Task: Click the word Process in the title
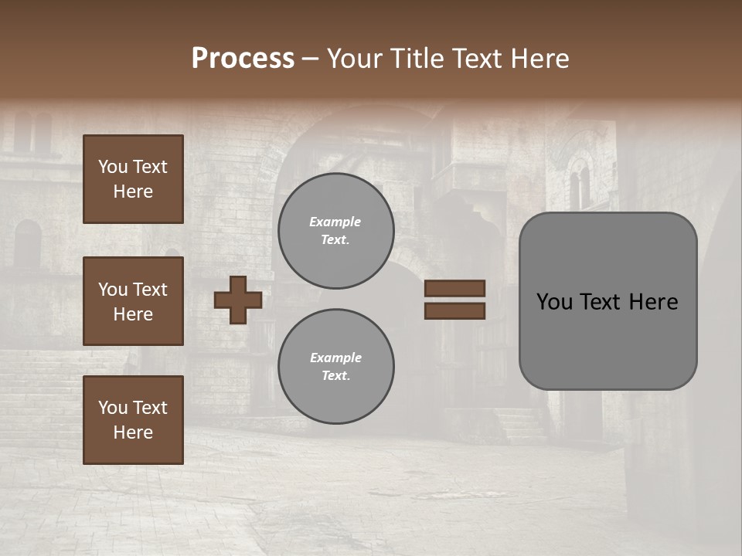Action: pos(243,59)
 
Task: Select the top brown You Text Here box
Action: pos(133,179)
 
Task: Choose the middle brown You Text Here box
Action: pos(133,301)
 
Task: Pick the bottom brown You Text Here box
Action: pos(133,420)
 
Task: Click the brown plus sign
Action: pos(238,300)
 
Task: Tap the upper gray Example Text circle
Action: pos(336,231)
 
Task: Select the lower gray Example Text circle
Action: pos(336,367)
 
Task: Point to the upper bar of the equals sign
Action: pos(454,289)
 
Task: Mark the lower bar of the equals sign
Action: pos(454,310)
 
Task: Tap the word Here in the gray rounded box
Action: pos(654,302)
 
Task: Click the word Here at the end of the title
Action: pos(541,59)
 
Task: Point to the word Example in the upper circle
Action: pos(335,222)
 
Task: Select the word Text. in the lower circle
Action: pos(336,376)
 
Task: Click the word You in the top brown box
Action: pos(113,167)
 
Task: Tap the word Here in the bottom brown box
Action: pos(133,432)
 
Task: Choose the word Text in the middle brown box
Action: pos(151,290)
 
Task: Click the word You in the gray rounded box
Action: pos(554,302)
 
